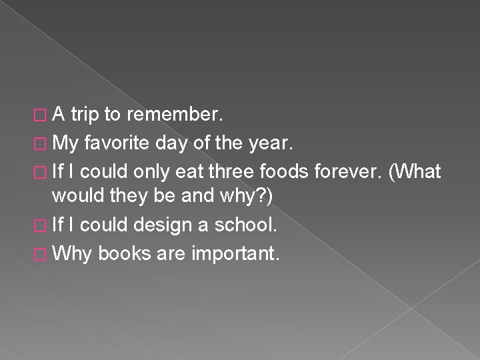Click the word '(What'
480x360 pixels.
[415, 171]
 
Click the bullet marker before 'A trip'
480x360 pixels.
[43, 116]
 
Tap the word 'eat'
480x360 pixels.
[189, 171]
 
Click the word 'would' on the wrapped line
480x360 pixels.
[77, 197]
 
